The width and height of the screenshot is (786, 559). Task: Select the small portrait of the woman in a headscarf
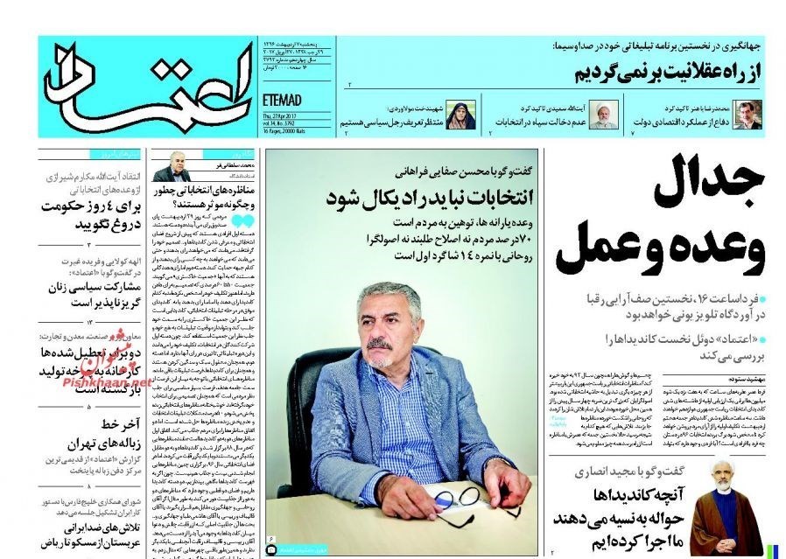click(458, 115)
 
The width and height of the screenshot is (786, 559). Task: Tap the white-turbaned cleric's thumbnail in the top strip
click(603, 115)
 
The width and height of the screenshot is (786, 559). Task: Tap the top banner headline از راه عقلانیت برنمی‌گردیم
click(665, 70)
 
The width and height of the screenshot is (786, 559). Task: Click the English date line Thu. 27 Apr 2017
click(284, 115)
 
